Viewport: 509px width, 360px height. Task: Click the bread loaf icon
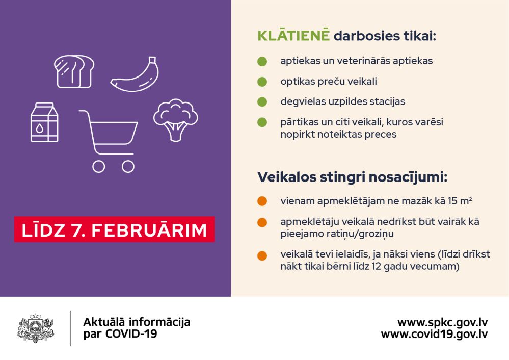pos(74,71)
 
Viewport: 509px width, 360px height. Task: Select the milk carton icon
pos(44,122)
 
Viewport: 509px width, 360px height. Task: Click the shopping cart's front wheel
pos(128,167)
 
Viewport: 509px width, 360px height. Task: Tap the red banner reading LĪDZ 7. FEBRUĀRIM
pos(114,229)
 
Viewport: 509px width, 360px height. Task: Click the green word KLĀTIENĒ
pos(293,35)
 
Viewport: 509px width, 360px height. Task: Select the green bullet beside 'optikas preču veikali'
pos(262,82)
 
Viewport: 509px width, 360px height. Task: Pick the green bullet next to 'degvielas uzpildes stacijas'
pos(262,101)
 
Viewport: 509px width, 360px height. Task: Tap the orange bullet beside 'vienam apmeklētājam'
pos(262,201)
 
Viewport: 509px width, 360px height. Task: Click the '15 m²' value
pos(460,201)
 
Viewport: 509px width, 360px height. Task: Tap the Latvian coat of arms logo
pos(35,328)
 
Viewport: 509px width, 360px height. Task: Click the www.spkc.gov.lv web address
pos(442,323)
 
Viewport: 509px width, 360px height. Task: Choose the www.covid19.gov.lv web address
pos(434,334)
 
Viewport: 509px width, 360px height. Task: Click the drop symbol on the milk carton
pos(39,128)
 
